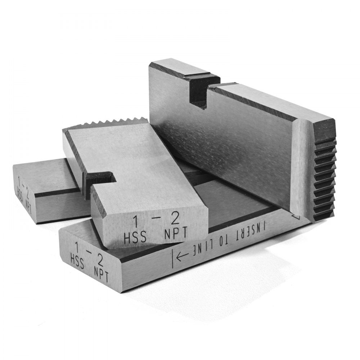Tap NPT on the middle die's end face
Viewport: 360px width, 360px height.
click(175, 233)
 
